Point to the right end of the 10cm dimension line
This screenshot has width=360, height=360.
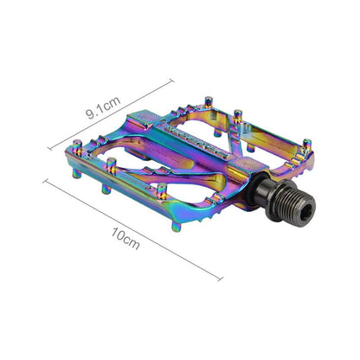[224, 279]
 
